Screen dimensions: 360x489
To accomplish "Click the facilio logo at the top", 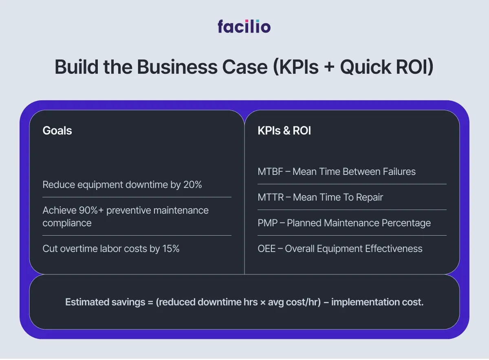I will tap(244, 27).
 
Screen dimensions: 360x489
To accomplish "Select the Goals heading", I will tap(57, 131).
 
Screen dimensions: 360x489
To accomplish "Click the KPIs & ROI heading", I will tap(284, 131).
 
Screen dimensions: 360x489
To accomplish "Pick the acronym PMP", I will tap(267, 223).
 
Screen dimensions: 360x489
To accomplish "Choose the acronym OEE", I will tap(267, 249).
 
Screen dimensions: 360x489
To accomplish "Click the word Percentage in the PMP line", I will tap(406, 223).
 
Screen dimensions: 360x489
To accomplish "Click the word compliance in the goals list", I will tap(67, 223).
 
